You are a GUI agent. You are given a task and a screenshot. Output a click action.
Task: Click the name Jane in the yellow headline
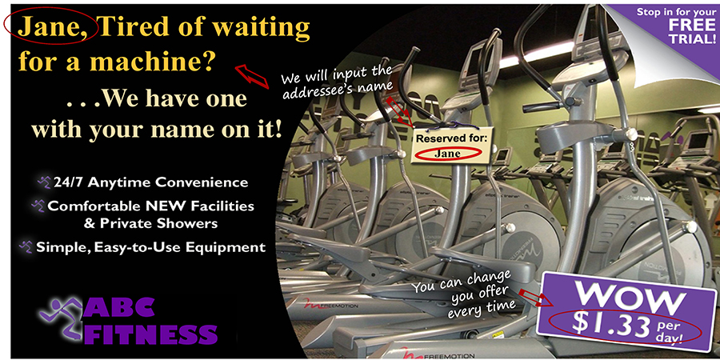(x=49, y=27)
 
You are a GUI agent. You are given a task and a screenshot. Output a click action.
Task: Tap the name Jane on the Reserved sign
(x=447, y=154)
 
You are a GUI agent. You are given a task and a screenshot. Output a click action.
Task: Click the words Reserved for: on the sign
(x=450, y=138)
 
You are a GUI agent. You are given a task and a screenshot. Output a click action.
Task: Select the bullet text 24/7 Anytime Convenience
(x=150, y=182)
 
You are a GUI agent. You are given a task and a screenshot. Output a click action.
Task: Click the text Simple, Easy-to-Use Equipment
(x=150, y=247)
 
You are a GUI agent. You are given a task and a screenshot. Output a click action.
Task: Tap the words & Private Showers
(x=150, y=224)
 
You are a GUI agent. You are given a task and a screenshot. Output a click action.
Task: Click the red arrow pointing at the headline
(x=252, y=76)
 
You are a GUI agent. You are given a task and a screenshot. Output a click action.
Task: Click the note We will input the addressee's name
(x=338, y=82)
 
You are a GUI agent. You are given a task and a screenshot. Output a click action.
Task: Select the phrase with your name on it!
(x=157, y=130)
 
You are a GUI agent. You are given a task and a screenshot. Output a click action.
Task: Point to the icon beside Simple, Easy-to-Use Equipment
(x=26, y=246)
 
